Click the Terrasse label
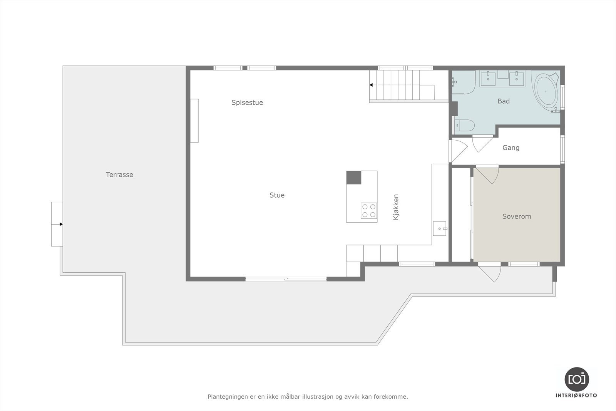click(x=119, y=174)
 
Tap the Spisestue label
click(x=247, y=102)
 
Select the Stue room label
click(x=277, y=195)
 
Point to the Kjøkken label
click(x=396, y=207)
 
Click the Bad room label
click(x=504, y=101)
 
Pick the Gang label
click(x=511, y=148)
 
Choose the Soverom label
click(x=516, y=216)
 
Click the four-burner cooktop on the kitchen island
click(x=369, y=211)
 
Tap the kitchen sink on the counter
click(x=439, y=228)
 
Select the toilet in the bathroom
click(x=465, y=126)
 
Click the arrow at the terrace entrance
click(x=60, y=224)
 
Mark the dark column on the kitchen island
click(x=354, y=178)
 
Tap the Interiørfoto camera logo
click(x=576, y=379)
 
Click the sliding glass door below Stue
click(x=286, y=279)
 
